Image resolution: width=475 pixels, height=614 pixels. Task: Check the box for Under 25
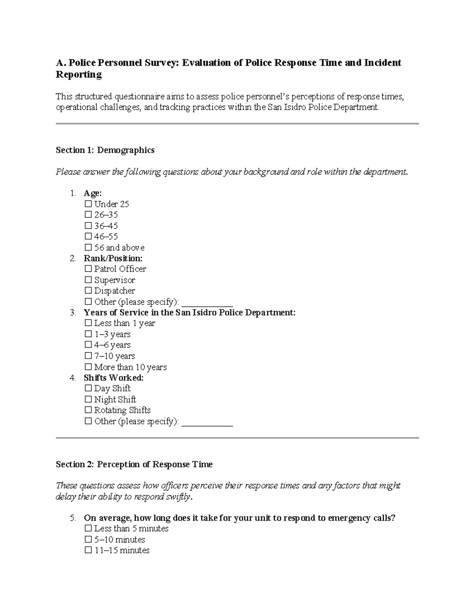coord(88,204)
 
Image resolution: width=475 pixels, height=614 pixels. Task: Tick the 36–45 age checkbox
coord(88,226)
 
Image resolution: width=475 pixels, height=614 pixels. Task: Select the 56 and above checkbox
coord(88,248)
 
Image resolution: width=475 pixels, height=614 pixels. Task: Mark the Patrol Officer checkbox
coord(88,269)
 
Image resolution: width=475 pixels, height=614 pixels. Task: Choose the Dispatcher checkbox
coord(88,291)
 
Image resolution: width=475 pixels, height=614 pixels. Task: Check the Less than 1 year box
coord(88,323)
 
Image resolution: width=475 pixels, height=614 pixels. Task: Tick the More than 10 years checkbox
coord(88,367)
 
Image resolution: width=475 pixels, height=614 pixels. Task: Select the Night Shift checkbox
coord(88,400)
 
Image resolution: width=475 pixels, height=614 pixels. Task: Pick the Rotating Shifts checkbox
coord(88,410)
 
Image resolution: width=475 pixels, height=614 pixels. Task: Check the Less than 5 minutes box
coord(88,529)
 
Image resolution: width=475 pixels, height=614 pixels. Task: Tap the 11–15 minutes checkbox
coord(88,551)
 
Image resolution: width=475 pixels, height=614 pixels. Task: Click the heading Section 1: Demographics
coord(105,150)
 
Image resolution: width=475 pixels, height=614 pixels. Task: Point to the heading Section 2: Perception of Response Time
coord(134,465)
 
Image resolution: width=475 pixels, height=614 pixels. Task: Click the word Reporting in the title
coord(79,75)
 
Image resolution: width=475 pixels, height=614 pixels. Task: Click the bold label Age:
coord(93,193)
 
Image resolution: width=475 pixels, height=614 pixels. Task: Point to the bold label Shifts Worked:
coord(114,378)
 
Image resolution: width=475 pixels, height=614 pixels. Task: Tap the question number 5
coord(72,518)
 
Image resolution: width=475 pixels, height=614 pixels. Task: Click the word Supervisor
coord(114,280)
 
